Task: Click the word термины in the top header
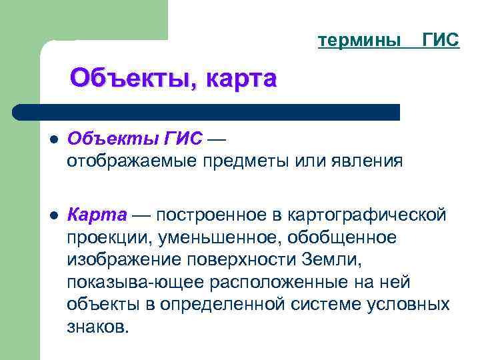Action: pyautogui.click(x=359, y=41)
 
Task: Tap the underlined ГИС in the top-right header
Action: pyautogui.click(x=441, y=41)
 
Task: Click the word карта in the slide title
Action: pyautogui.click(x=241, y=78)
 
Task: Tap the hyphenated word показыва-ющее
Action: pyautogui.click(x=135, y=282)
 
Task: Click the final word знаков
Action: pyautogui.click(x=95, y=327)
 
